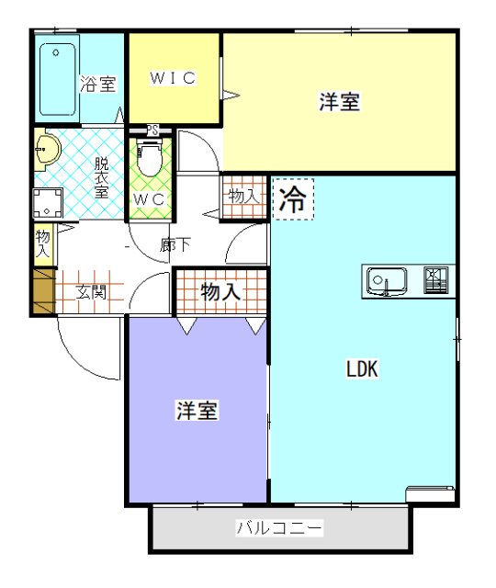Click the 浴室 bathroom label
(x=98, y=85)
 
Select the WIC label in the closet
(x=174, y=78)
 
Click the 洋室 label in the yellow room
(x=339, y=102)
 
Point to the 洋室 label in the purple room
(x=197, y=410)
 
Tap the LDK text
(x=363, y=369)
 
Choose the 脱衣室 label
(x=101, y=177)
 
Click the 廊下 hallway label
(x=175, y=245)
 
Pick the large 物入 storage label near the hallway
(x=220, y=293)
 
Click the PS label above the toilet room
(x=152, y=130)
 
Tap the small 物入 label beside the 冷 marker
(x=243, y=196)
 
